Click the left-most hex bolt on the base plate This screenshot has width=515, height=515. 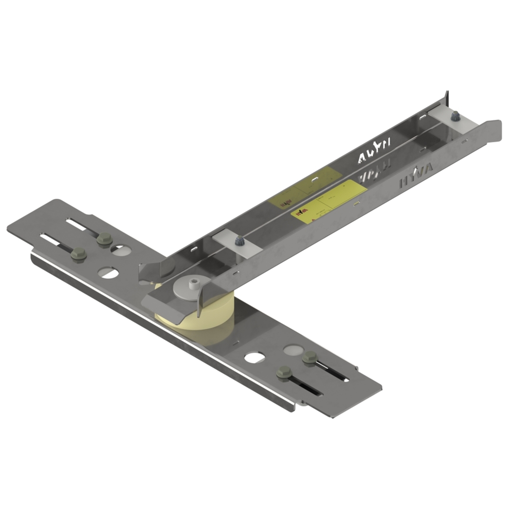pos(79,255)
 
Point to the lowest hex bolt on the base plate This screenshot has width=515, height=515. pos(284,373)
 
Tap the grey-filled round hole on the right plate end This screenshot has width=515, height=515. pos(291,350)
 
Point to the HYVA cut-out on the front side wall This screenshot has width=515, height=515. pos(415,175)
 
